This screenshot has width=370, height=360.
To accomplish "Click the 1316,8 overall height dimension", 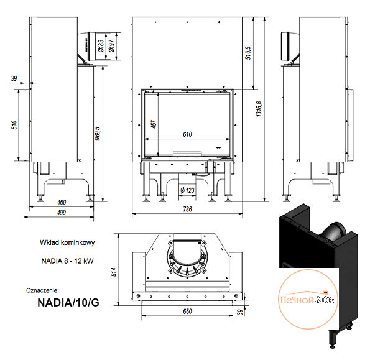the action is pyautogui.click(x=259, y=109).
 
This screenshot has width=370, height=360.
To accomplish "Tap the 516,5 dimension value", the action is pyautogui.click(x=248, y=53).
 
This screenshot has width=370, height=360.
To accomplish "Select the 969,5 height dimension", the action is pyautogui.click(x=98, y=134).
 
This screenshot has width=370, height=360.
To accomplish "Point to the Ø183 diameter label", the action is pyautogui.click(x=101, y=46).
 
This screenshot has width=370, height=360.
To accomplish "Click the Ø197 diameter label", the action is pyautogui.click(x=111, y=46).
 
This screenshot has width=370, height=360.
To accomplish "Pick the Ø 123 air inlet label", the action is pyautogui.click(x=187, y=190).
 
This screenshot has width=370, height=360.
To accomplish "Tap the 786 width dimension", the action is pyautogui.click(x=187, y=210).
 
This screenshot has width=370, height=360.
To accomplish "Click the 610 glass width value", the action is pyautogui.click(x=187, y=134).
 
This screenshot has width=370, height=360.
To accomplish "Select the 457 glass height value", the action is pyautogui.click(x=154, y=124).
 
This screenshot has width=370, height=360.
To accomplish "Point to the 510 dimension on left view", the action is pyautogui.click(x=14, y=125).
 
